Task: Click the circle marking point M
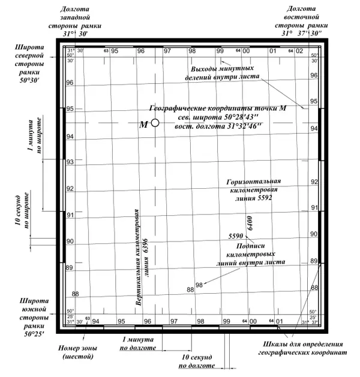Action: click(x=155, y=123)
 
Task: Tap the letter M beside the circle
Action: click(x=143, y=125)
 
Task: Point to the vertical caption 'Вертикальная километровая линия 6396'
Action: click(x=142, y=260)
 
